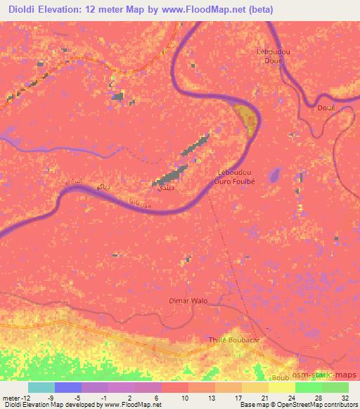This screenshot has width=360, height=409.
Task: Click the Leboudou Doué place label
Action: click(271, 57)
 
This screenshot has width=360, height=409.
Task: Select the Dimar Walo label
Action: click(188, 301)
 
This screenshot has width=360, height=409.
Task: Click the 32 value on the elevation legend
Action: click(345, 397)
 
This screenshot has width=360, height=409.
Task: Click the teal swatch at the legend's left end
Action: click(41, 387)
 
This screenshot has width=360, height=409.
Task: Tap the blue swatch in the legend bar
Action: click(67, 387)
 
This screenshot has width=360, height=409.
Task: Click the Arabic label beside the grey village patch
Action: click(163, 189)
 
